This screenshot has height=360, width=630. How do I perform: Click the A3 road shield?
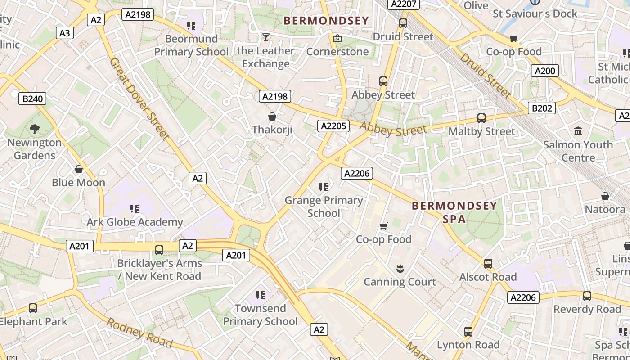(65, 33)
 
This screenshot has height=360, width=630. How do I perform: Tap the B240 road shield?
(32, 99)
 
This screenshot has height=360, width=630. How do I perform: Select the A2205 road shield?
(333, 126)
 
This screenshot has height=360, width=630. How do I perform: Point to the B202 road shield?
(541, 108)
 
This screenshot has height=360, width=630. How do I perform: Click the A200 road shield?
(544, 71)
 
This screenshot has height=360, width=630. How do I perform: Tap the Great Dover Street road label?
(139, 98)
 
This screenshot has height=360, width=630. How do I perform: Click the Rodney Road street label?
(139, 333)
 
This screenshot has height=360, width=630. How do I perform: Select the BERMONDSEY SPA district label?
(454, 212)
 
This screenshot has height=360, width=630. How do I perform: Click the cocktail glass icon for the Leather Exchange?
(266, 37)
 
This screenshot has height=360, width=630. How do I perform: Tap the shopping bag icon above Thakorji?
(272, 117)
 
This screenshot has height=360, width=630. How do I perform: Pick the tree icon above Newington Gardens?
(34, 130)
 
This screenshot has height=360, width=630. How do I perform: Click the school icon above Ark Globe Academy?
(135, 209)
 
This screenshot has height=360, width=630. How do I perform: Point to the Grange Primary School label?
(324, 207)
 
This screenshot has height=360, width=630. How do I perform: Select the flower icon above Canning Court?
(400, 269)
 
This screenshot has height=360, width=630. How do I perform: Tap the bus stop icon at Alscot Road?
(488, 264)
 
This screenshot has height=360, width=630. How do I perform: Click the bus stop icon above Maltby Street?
(481, 118)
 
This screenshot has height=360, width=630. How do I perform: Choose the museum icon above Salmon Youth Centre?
(578, 131)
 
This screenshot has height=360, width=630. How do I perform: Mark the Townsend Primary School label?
(261, 315)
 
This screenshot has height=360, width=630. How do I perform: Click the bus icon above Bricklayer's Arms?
(159, 250)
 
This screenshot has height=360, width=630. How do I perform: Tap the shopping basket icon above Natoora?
(605, 197)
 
